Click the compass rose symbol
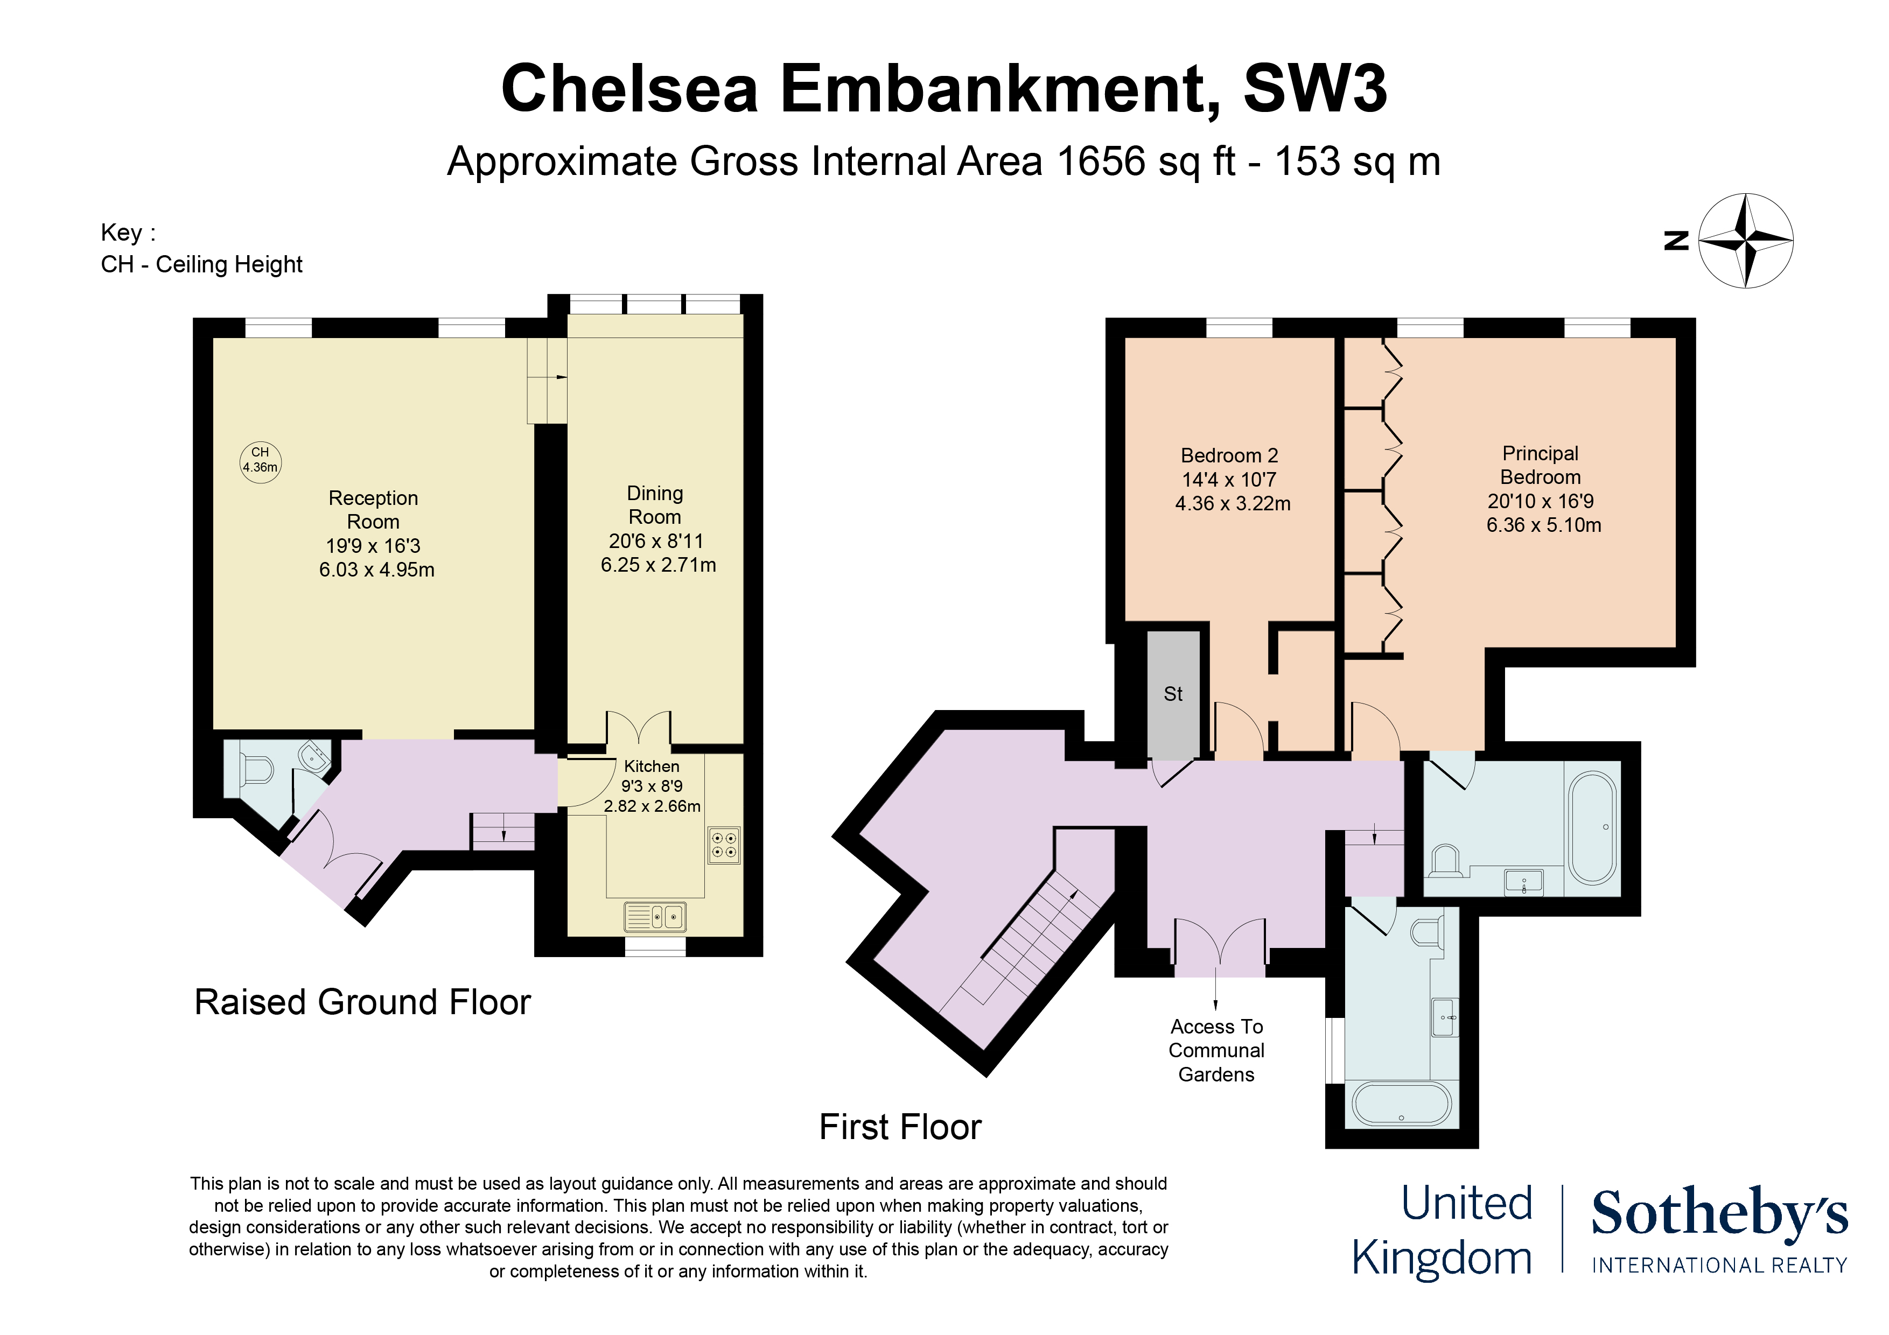1745,241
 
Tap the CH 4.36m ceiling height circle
260,461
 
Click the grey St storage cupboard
1173,694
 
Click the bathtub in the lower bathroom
1401,1104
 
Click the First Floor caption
900,1127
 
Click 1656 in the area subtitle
1101,161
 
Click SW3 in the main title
1315,89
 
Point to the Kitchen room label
652,767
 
